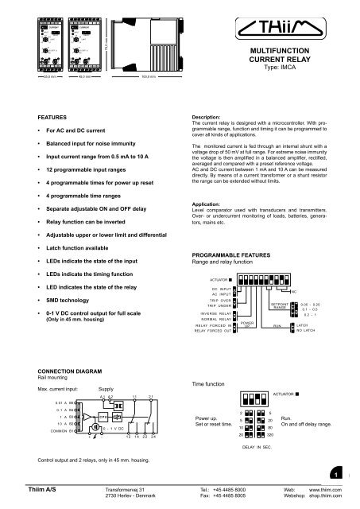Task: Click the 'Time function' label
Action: (211, 383)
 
